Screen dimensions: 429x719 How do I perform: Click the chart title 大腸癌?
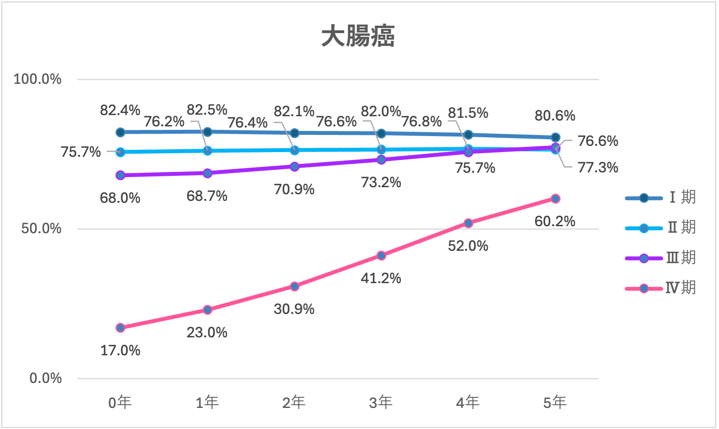click(x=358, y=36)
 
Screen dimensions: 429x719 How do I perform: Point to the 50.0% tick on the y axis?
click(x=41, y=229)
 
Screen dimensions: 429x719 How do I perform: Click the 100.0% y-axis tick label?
click(x=37, y=79)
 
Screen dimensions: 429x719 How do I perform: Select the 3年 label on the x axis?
click(x=381, y=402)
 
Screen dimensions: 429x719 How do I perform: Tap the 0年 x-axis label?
click(x=120, y=402)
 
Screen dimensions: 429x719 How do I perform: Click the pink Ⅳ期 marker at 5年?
click(x=555, y=199)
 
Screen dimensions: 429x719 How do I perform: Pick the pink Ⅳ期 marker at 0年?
click(x=120, y=328)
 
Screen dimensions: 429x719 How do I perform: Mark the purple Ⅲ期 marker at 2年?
click(x=295, y=167)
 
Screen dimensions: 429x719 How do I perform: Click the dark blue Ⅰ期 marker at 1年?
click(x=208, y=132)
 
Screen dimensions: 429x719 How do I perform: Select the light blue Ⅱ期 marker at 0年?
click(x=120, y=152)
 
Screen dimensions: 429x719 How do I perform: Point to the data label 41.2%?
click(x=381, y=278)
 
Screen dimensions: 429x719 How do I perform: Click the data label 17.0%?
click(x=120, y=350)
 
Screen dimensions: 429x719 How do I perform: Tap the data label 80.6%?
click(x=555, y=116)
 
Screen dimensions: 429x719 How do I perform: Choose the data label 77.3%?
click(x=598, y=168)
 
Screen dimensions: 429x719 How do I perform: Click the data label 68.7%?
click(x=207, y=196)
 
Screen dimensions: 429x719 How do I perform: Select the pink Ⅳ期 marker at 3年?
click(x=381, y=255)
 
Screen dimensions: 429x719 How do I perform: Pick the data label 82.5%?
click(x=207, y=110)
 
